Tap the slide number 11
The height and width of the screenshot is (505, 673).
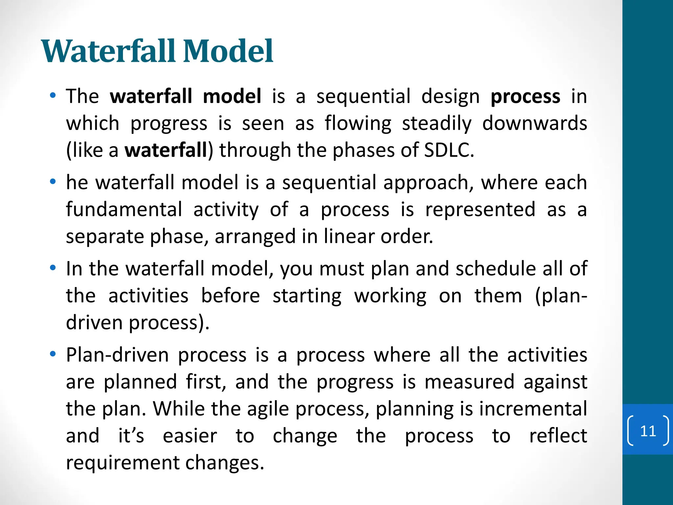pyautogui.click(x=648, y=431)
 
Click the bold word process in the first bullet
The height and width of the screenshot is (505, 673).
pyautogui.click(x=525, y=97)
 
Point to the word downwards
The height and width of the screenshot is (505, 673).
pyautogui.click(x=534, y=123)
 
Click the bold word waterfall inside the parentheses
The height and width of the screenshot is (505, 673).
pyautogui.click(x=166, y=150)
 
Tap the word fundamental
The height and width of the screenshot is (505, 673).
pyautogui.click(x=124, y=210)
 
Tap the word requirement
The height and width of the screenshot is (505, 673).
pyautogui.click(x=123, y=463)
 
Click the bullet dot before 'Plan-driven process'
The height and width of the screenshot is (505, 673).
pyautogui.click(x=53, y=354)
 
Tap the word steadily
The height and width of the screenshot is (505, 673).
pyautogui.click(x=436, y=124)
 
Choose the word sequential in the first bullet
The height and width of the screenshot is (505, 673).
pyautogui.click(x=363, y=97)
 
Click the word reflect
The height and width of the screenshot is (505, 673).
pyautogui.click(x=558, y=436)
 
